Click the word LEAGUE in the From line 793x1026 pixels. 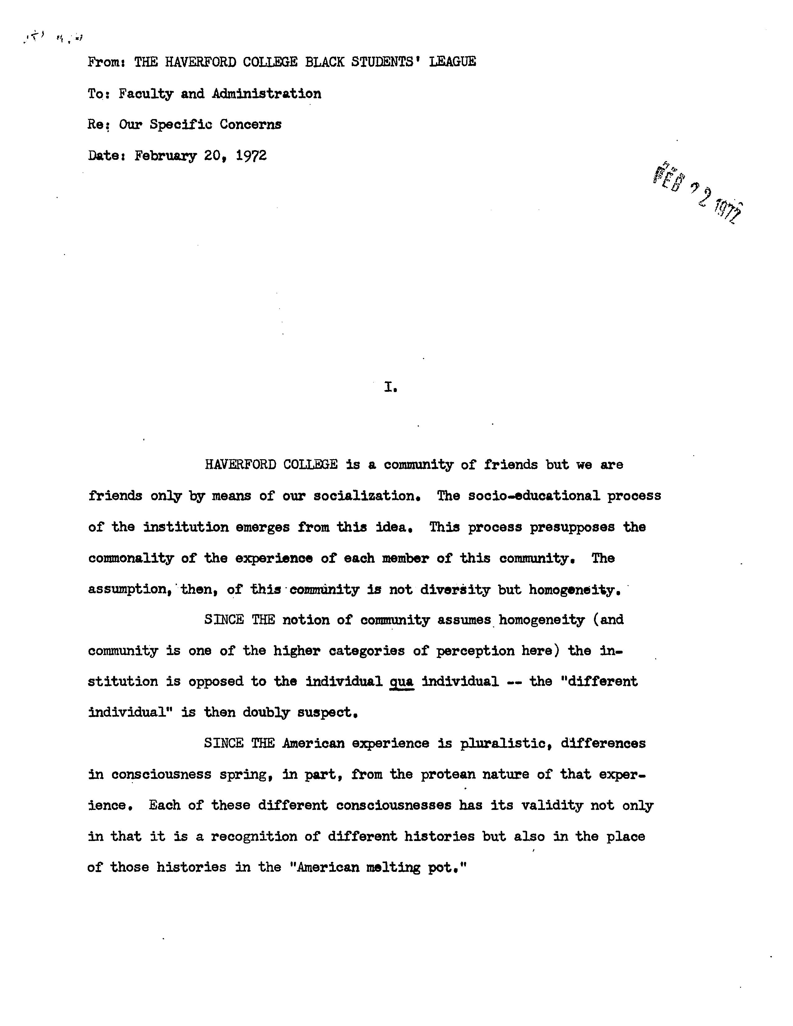[x=452, y=62]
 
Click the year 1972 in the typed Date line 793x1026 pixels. [x=251, y=155]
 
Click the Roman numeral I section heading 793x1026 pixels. [x=389, y=388]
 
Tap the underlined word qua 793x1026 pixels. [x=402, y=682]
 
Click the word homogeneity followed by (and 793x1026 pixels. [x=542, y=620]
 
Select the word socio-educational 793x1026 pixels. [x=534, y=496]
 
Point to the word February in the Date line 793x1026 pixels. [x=165, y=155]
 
